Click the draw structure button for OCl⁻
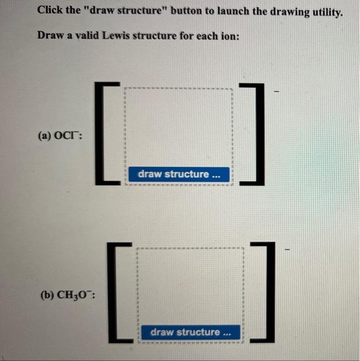coord(179,174)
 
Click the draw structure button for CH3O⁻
coord(191,332)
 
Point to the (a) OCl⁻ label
coord(60,136)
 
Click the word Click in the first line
coord(50,11)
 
